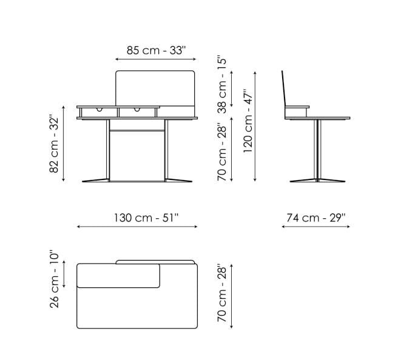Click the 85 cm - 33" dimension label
(x=157, y=50)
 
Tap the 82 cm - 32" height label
(x=54, y=145)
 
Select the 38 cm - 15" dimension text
(x=221, y=85)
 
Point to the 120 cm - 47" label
(x=248, y=121)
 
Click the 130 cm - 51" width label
(x=146, y=218)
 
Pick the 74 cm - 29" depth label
(x=316, y=218)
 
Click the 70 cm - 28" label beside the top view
(x=221, y=294)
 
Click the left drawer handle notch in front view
(x=99, y=109)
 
